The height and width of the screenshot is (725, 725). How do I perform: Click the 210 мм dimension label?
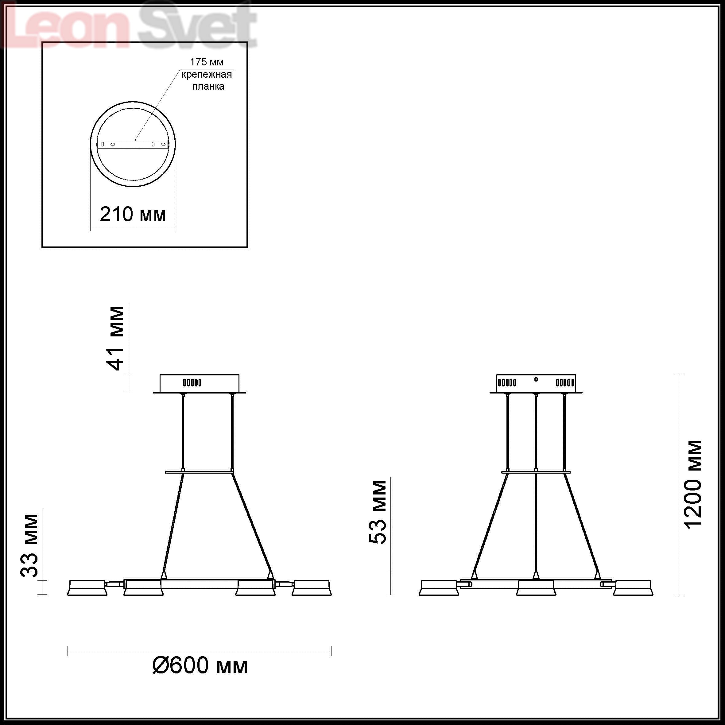133,214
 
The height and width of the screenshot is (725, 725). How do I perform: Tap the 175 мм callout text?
207,62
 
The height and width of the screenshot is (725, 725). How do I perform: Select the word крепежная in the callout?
207,74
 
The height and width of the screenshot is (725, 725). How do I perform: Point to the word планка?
208,86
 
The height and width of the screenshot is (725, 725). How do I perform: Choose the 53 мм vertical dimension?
378,513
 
